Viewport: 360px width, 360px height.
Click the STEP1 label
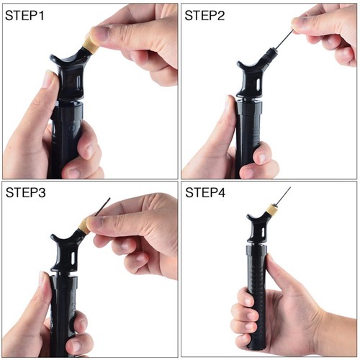(x=24, y=16)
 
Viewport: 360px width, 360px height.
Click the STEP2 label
(x=204, y=16)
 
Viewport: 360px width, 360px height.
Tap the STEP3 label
(x=26, y=192)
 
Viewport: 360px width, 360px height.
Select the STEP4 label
(x=205, y=192)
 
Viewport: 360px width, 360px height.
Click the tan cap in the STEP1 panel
(x=91, y=45)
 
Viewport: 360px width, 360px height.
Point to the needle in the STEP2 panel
(x=284, y=40)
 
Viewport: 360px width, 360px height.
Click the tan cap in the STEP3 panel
(x=83, y=225)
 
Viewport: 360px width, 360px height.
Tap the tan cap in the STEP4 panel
(x=272, y=210)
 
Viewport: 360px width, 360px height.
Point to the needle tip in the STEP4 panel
(x=290, y=187)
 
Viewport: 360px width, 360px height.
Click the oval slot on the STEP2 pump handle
(x=258, y=84)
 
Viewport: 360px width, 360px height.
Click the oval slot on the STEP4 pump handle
(x=264, y=232)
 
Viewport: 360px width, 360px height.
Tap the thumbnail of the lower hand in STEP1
(x=48, y=78)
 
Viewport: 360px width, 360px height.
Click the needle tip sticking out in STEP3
(x=109, y=198)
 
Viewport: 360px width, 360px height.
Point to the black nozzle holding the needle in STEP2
(x=270, y=54)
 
